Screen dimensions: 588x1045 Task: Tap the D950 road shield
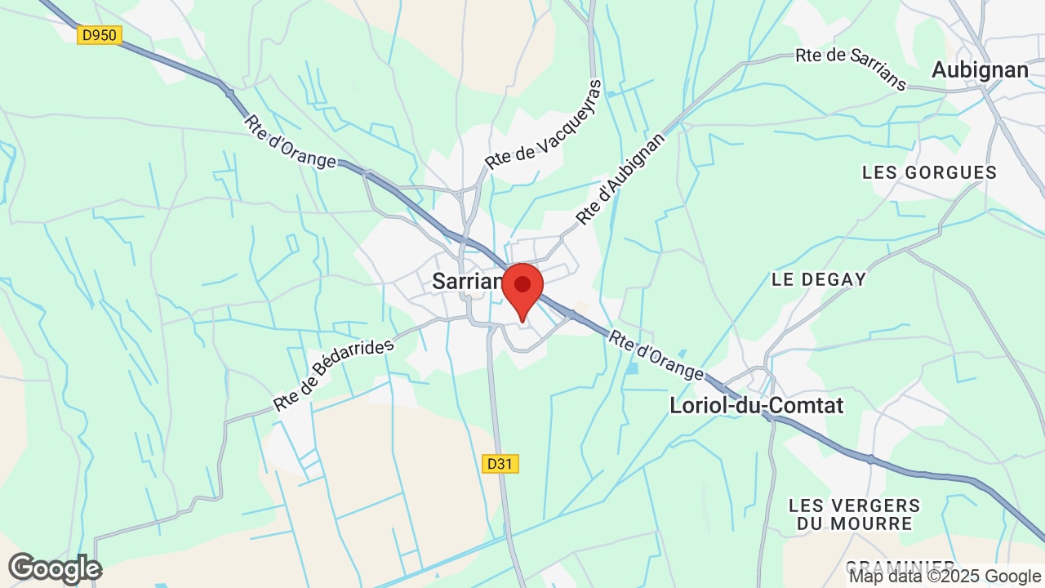[x=100, y=35]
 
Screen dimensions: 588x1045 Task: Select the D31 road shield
[x=500, y=464]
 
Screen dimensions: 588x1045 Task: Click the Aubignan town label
[x=980, y=70]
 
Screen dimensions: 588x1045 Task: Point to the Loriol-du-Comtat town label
[x=756, y=405]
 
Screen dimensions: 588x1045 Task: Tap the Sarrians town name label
[x=468, y=282]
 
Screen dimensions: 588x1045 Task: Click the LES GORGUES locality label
[x=929, y=172]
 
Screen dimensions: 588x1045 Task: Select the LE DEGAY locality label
[x=819, y=279]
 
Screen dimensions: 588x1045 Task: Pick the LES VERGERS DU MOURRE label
[x=855, y=514]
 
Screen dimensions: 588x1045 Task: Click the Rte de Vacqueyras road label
[x=543, y=125]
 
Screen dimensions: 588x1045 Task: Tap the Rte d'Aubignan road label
[x=620, y=179]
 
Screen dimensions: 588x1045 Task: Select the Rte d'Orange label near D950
[x=290, y=141]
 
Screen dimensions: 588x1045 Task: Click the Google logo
[x=55, y=568]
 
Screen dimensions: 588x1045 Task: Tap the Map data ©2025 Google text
[x=945, y=577]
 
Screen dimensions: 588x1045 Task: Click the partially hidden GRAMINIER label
[x=900, y=565]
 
